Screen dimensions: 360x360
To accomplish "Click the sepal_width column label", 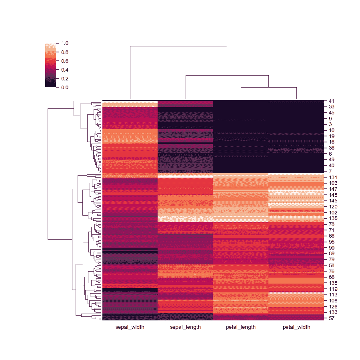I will tap(130, 327).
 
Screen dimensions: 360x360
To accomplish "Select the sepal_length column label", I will tap(185, 327).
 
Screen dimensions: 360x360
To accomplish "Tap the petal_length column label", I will tap(240, 327).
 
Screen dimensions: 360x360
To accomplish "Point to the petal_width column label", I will tap(296, 327).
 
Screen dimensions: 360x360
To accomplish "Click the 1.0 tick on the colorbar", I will tap(65, 43).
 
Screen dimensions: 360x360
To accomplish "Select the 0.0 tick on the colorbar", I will tap(65, 87).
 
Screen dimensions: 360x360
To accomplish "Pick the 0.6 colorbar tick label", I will tap(65, 61).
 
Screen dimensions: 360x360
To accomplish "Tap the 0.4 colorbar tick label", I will tap(65, 70).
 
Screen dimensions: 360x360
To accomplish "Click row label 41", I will tap(332, 101).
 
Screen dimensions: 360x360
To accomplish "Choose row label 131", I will tap(333, 177).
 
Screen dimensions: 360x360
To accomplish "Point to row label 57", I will tap(332, 318).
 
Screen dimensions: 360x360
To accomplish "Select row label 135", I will tap(333, 218).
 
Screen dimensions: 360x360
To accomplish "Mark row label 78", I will tap(332, 224).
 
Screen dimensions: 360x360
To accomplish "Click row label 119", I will tap(333, 289).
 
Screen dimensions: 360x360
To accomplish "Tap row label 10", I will tap(332, 130).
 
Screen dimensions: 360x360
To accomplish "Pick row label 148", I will tap(333, 195).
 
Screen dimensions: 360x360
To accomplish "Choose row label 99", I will tap(332, 248).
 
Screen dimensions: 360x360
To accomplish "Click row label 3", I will tap(330, 125).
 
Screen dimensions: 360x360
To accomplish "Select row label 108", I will tap(333, 300).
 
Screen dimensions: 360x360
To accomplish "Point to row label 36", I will tap(332, 148).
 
